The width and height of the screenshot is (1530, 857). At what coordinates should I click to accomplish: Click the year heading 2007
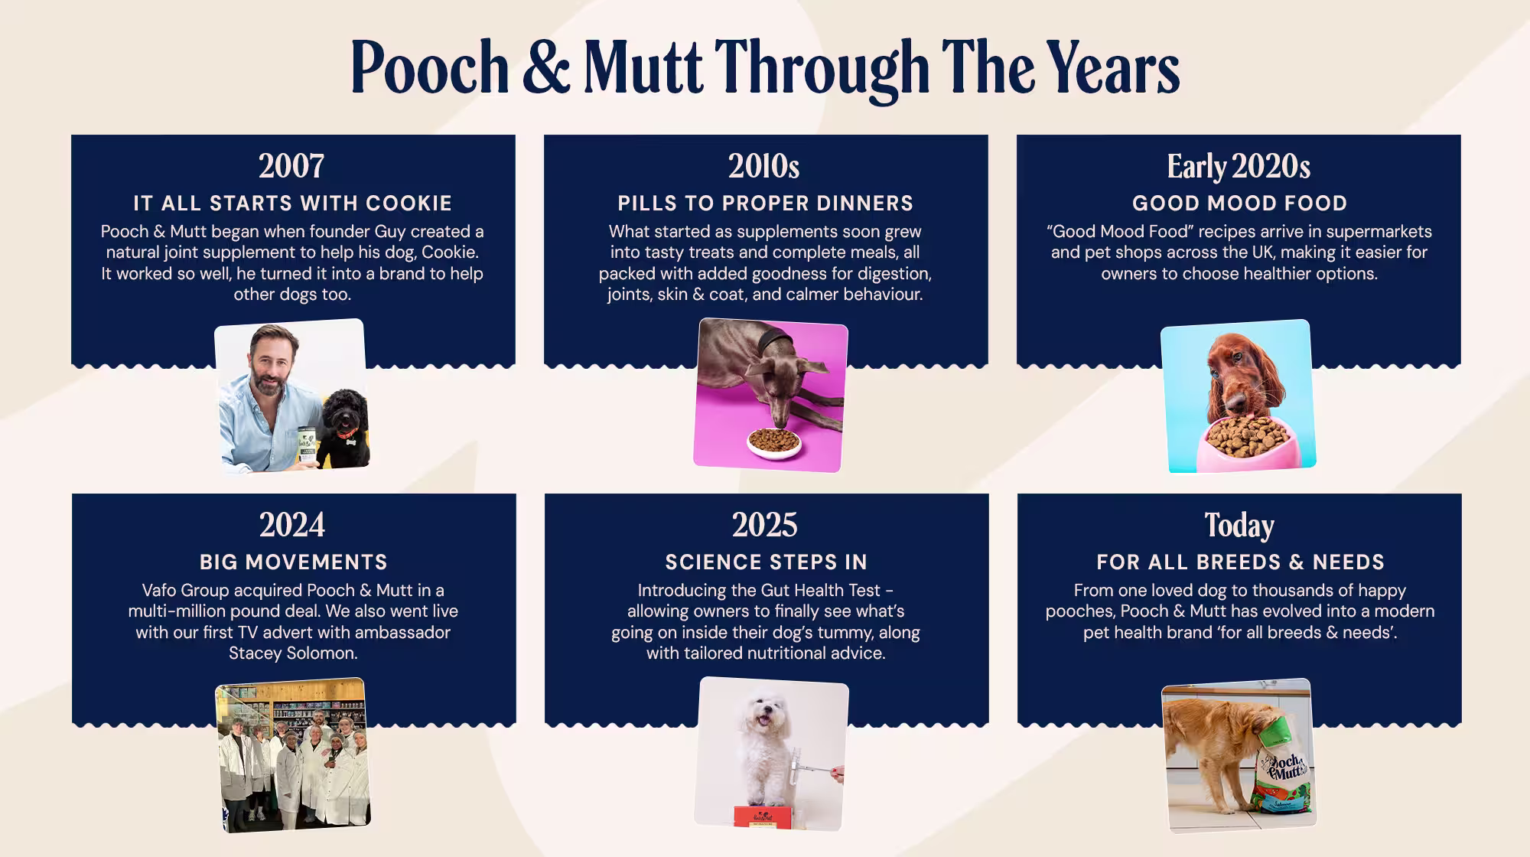coord(291,166)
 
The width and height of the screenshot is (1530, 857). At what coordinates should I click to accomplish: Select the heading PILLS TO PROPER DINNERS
coord(765,204)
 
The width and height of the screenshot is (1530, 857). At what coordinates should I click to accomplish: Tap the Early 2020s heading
coord(1239,166)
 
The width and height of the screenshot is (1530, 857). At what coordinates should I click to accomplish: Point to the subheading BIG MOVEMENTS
coord(293,562)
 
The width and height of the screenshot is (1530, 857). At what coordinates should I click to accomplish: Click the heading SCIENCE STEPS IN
coord(766,562)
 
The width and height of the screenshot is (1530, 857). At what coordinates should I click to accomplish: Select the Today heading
coord(1239,525)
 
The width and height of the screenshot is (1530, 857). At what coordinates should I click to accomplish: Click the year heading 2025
coord(764,525)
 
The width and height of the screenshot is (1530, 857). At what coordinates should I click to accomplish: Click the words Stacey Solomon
coord(293,653)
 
